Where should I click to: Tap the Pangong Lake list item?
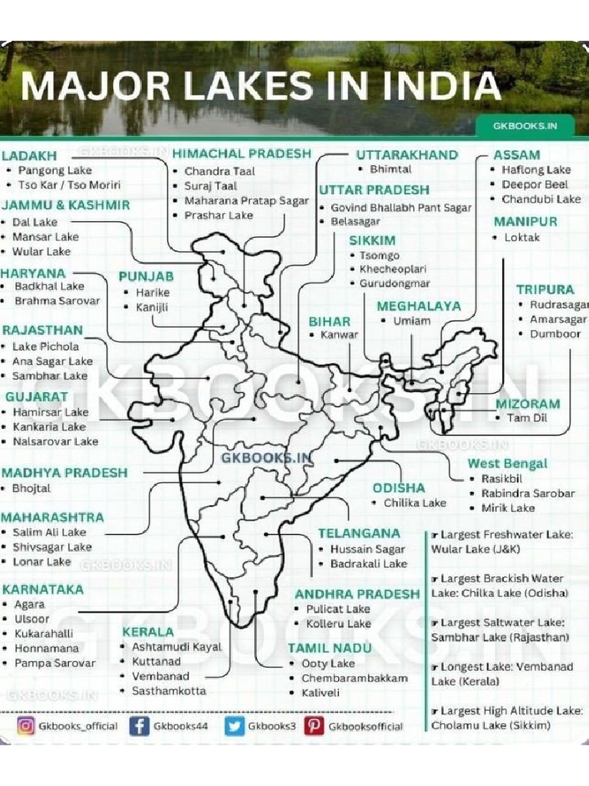pyautogui.click(x=54, y=170)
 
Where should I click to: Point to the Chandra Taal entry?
pyautogui.click(x=219, y=171)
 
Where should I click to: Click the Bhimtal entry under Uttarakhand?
pyautogui.click(x=390, y=169)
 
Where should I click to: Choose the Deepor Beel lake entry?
pyautogui.click(x=535, y=184)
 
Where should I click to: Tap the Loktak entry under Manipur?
pyautogui.click(x=522, y=237)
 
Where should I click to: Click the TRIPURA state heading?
pyautogui.click(x=545, y=289)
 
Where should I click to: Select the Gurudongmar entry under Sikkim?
pyautogui.click(x=396, y=283)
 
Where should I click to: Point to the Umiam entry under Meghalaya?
pyautogui.click(x=411, y=321)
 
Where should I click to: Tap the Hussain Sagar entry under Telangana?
pyautogui.click(x=367, y=549)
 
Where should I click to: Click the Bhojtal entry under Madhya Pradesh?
pyautogui.click(x=31, y=488)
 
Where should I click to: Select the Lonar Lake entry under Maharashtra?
pyautogui.click(x=42, y=562)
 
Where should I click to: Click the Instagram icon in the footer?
pyautogui.click(x=26, y=725)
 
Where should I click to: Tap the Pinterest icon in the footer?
pyautogui.click(x=314, y=725)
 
